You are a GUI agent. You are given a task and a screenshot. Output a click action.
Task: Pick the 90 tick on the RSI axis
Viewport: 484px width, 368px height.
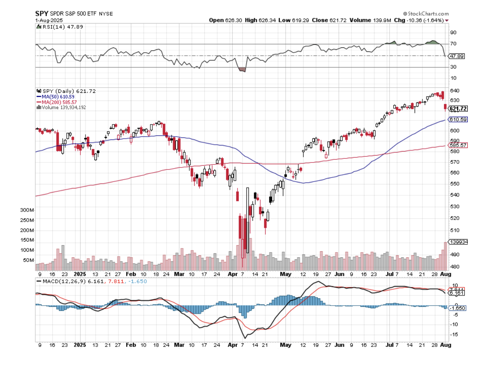coord(453,32)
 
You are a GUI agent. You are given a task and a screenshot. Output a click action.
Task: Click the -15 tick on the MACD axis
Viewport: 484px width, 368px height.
coord(454,334)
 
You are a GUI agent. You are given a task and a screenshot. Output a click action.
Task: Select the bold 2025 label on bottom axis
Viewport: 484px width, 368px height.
coord(80,345)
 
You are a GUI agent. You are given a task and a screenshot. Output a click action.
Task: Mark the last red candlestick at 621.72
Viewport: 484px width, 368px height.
coord(445,107)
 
